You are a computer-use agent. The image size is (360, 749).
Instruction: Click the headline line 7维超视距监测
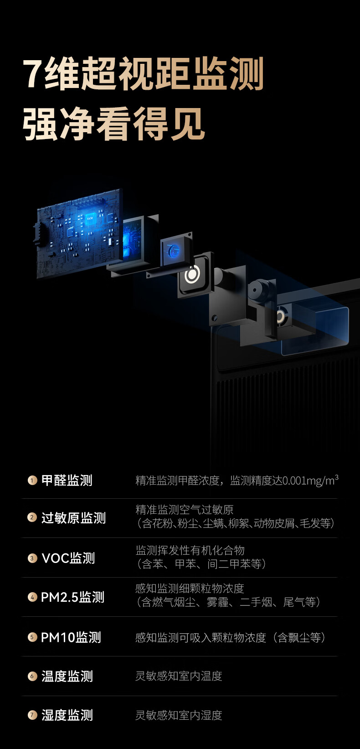[143, 74]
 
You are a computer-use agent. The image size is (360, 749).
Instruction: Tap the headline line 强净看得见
[113, 124]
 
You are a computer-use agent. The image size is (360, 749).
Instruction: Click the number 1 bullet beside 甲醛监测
[32, 480]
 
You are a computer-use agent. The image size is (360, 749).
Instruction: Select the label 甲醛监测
[67, 480]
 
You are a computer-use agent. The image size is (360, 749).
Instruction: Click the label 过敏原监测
[73, 518]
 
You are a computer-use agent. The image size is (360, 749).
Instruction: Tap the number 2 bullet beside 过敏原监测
[32, 517]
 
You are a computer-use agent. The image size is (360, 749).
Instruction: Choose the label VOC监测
[68, 558]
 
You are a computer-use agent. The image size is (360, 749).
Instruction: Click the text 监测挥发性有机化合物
[190, 550]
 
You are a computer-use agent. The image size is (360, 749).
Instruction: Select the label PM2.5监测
[72, 597]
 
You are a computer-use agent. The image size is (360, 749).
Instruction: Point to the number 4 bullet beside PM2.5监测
[32, 597]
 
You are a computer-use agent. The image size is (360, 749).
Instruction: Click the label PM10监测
[71, 637]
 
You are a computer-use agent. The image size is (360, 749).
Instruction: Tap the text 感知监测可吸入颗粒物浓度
[201, 637]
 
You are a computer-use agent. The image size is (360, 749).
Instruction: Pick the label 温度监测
[67, 676]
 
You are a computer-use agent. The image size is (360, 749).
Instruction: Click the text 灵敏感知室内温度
[179, 676]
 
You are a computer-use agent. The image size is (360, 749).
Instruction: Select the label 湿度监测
[67, 715]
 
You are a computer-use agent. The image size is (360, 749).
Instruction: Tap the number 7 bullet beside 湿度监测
[32, 715]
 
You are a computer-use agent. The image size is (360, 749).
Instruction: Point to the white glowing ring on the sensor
[192, 274]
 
